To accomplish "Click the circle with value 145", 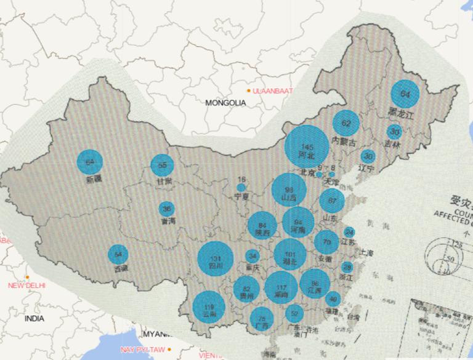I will coord(307,146).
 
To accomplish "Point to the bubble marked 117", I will coord(281,287).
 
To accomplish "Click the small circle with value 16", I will coord(241,186).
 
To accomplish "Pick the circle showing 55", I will coord(163,165).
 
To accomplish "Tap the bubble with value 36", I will coord(166,209).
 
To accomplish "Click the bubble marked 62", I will coord(346,123).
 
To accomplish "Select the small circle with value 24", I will coord(349,232).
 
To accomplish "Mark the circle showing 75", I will coord(262,318).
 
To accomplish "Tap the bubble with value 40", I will coord(333,300).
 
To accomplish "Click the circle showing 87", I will coord(332,201).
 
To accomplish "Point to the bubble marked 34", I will coord(252,256).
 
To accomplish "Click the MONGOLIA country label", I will coord(225,103).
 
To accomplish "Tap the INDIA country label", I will coord(34,319).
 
